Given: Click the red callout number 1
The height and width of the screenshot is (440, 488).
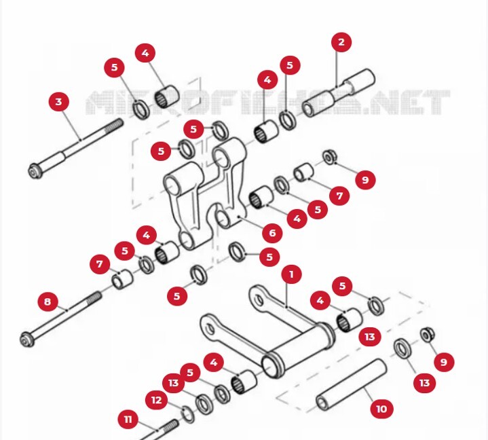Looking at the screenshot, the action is click(291, 274).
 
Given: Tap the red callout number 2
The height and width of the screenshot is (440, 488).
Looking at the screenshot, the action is click(341, 42).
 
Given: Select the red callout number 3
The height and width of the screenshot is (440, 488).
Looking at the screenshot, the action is click(59, 102).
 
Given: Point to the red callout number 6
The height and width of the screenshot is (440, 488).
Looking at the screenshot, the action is click(272, 233).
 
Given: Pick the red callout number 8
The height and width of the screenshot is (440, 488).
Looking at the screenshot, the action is click(48, 301).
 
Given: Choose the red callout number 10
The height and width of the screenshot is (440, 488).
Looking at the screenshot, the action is click(382, 409).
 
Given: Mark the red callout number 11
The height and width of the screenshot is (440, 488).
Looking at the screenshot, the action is click(128, 420).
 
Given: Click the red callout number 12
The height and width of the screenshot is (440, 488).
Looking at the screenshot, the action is click(157, 400).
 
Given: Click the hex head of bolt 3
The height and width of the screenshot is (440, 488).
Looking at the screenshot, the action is click(35, 172).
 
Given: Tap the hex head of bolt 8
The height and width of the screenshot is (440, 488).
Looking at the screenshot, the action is click(26, 339).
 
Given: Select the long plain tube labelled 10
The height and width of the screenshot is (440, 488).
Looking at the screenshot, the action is click(352, 384).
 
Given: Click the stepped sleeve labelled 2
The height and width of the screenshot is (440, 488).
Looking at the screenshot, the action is click(338, 93).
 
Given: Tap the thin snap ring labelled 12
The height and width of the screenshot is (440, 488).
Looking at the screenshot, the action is click(188, 414).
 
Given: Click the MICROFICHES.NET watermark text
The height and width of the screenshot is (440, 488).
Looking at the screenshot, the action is click(267, 103).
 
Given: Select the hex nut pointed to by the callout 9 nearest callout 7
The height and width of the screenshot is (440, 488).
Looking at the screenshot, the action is click(330, 157).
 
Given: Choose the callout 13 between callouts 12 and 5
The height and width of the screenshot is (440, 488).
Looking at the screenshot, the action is click(174, 383).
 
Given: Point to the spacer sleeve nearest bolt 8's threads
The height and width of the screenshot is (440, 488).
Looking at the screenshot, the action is click(122, 279).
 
